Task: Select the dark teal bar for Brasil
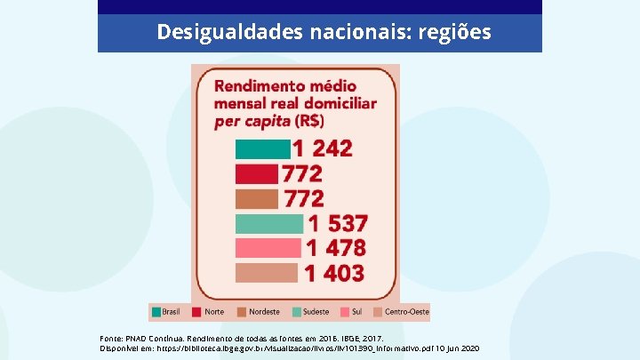coord(262,148)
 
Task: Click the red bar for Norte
coord(256,173)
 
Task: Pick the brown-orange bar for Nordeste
coord(257,198)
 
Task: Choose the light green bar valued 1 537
coord(269,223)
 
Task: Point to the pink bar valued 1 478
coord(269,248)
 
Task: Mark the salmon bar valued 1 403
coord(268,273)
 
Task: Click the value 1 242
coord(323,148)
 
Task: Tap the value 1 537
coord(337,223)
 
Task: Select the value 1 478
coord(336,248)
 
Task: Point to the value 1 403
coord(334,273)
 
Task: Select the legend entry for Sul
coord(353,312)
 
